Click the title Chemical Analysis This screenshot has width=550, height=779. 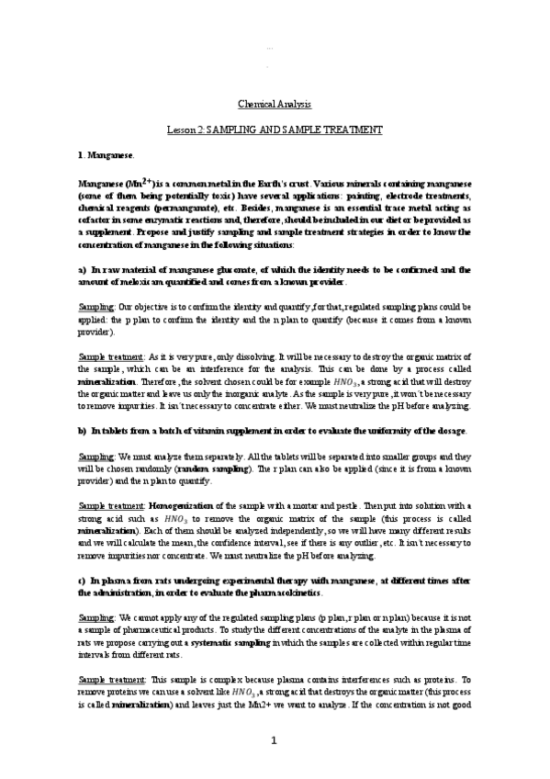pyautogui.click(x=275, y=105)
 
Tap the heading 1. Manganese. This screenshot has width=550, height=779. pyautogui.click(x=108, y=156)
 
